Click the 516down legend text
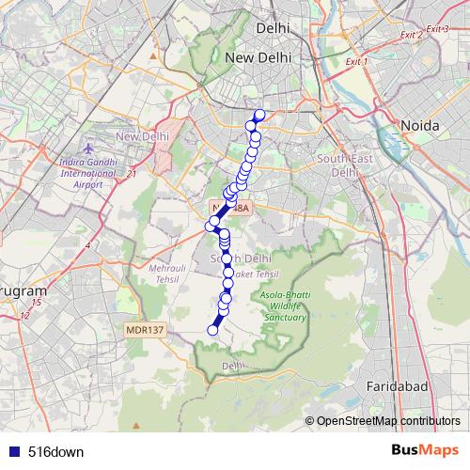point(55,451)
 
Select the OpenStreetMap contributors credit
point(386,421)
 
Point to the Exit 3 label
point(437,29)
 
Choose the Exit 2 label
point(411,35)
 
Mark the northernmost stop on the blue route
point(260,116)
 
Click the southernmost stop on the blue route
point(212,329)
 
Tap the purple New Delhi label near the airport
point(141,137)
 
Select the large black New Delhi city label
point(263,58)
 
